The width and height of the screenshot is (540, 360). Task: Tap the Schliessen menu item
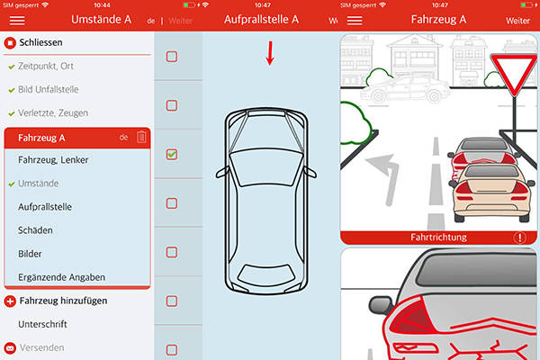pos(43,42)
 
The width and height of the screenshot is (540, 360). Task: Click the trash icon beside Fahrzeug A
pos(141,137)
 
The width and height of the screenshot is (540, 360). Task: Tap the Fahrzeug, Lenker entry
pos(53,160)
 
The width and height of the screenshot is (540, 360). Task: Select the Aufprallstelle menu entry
pos(45,207)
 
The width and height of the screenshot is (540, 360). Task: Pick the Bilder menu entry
pos(31,254)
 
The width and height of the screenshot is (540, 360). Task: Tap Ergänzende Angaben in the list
pos(60,276)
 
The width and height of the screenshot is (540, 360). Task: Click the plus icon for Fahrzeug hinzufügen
pos(10,301)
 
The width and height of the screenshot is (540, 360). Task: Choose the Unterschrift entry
pos(43,324)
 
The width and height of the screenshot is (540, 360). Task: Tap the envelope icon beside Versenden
pos(10,347)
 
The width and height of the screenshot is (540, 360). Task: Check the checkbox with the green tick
pos(172,155)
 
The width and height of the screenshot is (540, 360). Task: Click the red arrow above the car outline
pos(269,56)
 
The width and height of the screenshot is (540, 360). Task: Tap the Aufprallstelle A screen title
pos(261,18)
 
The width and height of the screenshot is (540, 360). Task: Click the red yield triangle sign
pos(513,71)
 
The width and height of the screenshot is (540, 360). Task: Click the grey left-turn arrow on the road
pos(385,168)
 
